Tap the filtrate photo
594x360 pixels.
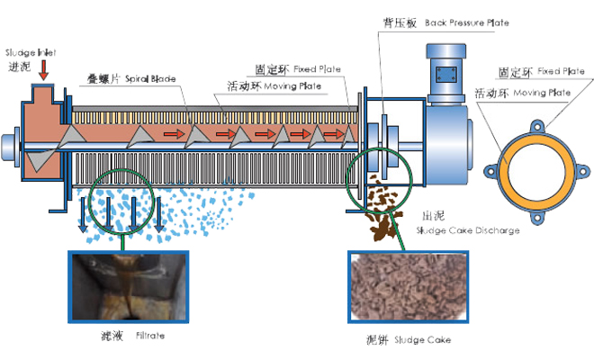tap(126, 286)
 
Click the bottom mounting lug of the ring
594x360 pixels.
tap(536, 217)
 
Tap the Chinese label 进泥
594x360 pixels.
tap(19, 67)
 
